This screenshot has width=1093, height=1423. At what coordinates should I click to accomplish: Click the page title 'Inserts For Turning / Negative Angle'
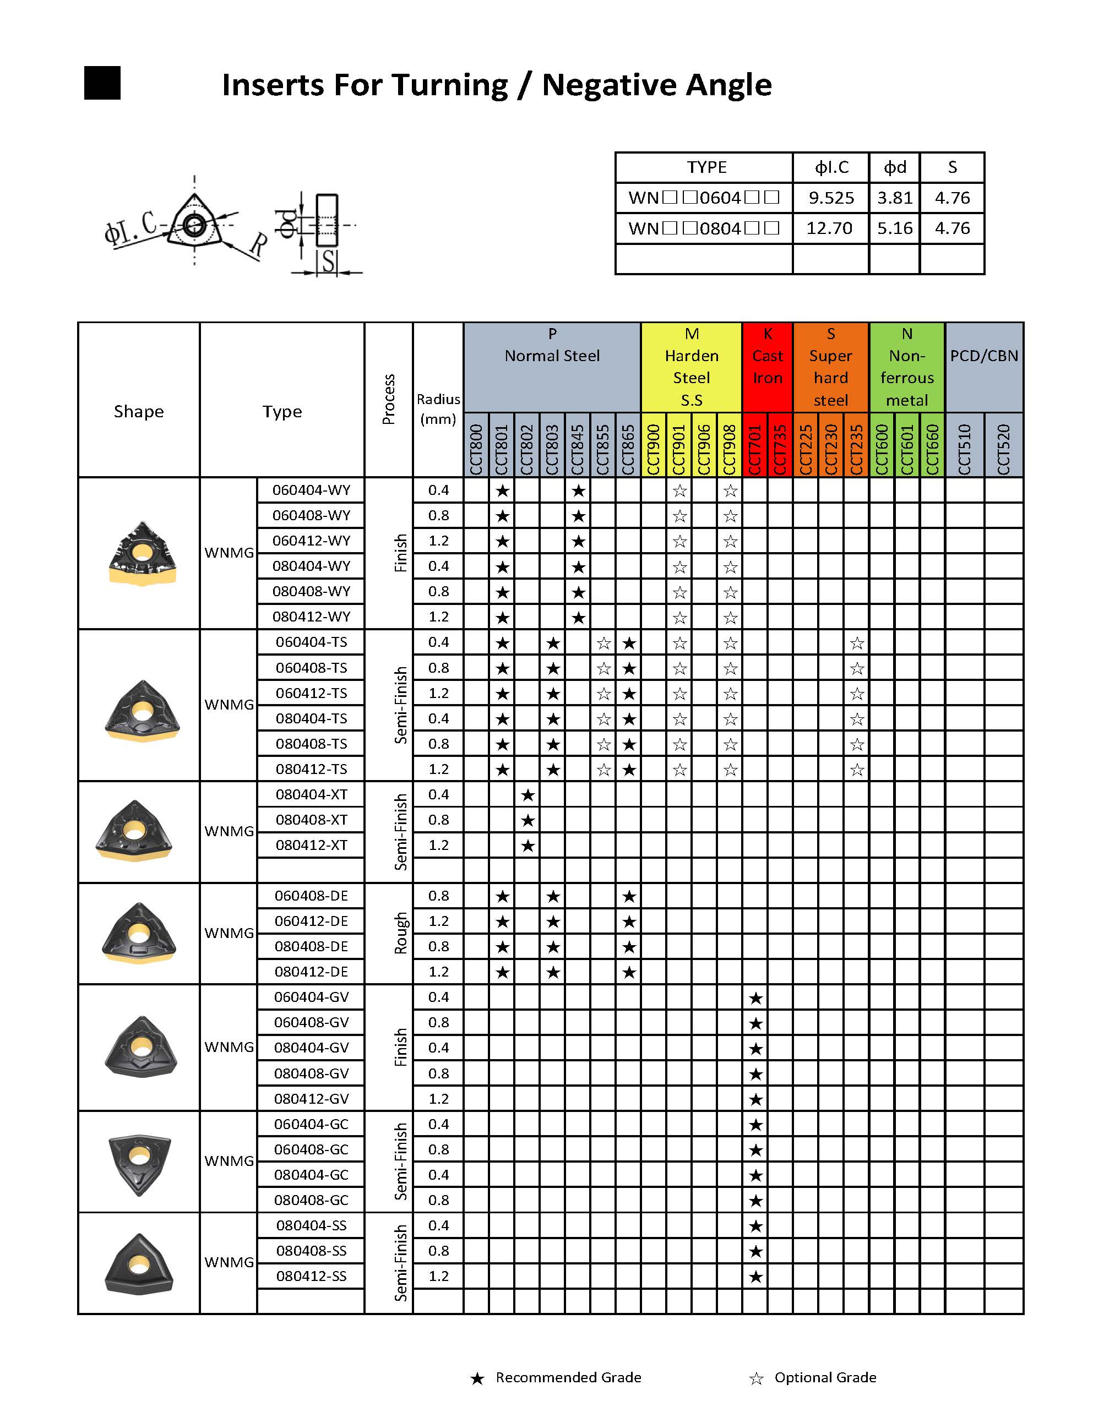pyautogui.click(x=497, y=85)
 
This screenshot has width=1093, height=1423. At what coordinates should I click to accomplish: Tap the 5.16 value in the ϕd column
pyautogui.click(x=895, y=228)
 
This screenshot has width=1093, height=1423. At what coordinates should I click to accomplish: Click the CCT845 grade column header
pyautogui.click(x=578, y=449)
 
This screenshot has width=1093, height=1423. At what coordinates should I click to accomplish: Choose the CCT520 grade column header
pyautogui.click(x=1003, y=449)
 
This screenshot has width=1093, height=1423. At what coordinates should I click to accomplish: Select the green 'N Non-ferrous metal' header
pyautogui.click(x=906, y=367)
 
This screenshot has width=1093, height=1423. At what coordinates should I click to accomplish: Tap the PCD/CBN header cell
pyautogui.click(x=983, y=356)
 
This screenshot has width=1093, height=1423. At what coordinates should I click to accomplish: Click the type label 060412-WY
pyautogui.click(x=311, y=541)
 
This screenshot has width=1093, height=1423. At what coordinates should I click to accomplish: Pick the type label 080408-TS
pyautogui.click(x=311, y=743)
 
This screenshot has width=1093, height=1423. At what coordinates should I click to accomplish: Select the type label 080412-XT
pyautogui.click(x=311, y=845)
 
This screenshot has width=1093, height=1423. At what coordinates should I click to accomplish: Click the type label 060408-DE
pyautogui.click(x=311, y=896)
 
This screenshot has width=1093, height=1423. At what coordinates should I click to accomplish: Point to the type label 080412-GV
pyautogui.click(x=311, y=1098)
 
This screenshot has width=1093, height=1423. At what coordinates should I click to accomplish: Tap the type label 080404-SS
pyautogui.click(x=311, y=1225)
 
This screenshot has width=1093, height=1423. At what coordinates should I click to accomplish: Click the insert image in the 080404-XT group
pyautogui.click(x=135, y=831)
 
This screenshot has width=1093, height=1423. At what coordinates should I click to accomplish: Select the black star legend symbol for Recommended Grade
pyautogui.click(x=477, y=1378)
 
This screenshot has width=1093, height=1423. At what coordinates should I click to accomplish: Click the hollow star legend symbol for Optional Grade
pyautogui.click(x=756, y=1378)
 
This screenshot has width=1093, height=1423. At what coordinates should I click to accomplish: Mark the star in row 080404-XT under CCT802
pyautogui.click(x=528, y=795)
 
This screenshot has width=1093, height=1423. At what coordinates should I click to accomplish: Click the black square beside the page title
pyautogui.click(x=102, y=83)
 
